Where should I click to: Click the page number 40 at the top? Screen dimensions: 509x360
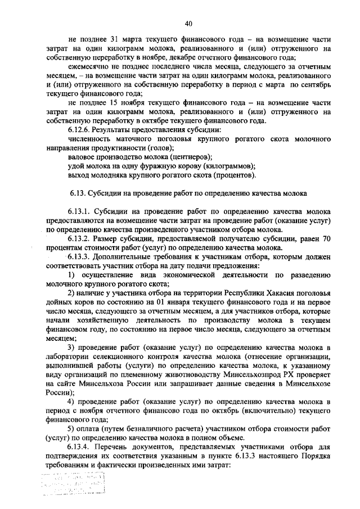point(188,23)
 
